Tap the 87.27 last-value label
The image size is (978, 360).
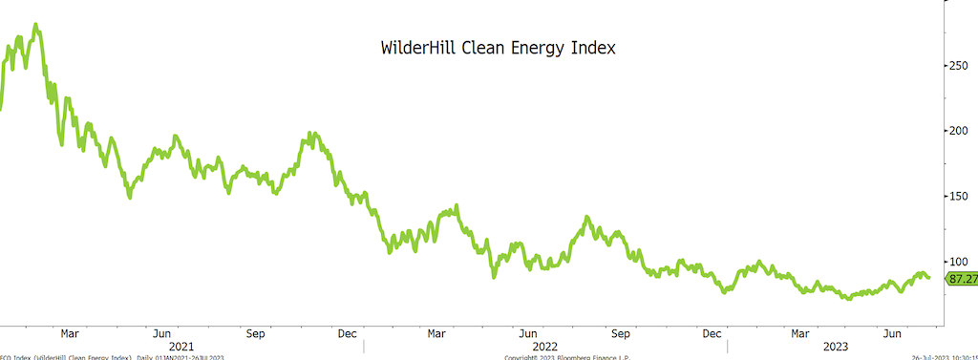tap(962, 279)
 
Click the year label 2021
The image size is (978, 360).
tap(181, 347)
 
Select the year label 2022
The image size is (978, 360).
tap(544, 347)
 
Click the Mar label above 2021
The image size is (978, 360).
tap(69, 333)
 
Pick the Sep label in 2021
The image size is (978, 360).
tap(255, 333)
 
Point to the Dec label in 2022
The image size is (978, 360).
tap(712, 333)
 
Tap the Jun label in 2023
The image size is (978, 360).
tap(892, 333)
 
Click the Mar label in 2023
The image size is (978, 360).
tap(800, 333)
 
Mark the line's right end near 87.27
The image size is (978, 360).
tap(928, 278)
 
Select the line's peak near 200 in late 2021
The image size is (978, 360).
tap(310, 135)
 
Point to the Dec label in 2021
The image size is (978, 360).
tap(348, 333)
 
